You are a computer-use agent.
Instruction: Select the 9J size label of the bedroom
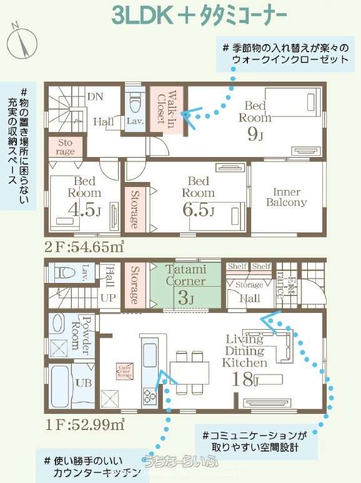pos(255,133)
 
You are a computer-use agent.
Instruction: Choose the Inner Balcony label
pos(287,197)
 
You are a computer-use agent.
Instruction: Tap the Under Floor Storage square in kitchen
pos(124,371)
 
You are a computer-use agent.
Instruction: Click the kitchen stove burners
pos(151,395)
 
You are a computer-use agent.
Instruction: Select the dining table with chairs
pos(190,373)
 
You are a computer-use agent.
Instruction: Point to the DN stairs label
pos(95,97)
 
